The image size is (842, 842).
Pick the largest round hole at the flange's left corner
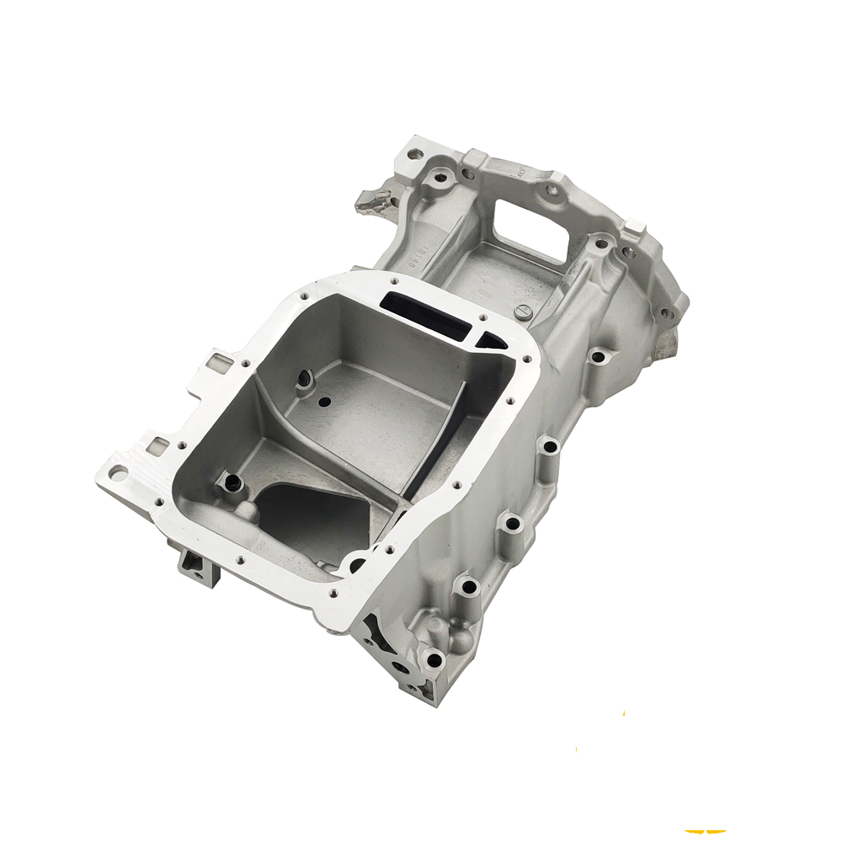118,472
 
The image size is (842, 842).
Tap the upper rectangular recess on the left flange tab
221,362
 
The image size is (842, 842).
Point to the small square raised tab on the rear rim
634,226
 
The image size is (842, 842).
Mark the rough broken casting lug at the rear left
374,201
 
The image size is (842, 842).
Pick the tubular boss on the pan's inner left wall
304,380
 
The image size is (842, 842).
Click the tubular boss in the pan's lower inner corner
230,483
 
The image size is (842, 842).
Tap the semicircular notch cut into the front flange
354,565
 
